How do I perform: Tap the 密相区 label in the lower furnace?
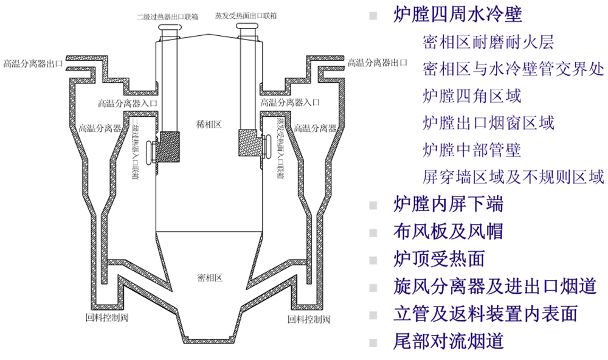point(210,278)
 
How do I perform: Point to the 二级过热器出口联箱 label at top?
point(167,16)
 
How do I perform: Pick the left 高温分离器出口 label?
point(33,63)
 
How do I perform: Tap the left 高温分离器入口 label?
point(128,103)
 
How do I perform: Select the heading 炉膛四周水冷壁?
point(457,15)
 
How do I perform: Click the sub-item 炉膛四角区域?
point(472,95)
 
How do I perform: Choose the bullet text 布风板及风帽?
point(449,231)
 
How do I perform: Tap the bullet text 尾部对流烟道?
point(449,340)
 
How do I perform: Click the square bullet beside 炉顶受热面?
point(372,259)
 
